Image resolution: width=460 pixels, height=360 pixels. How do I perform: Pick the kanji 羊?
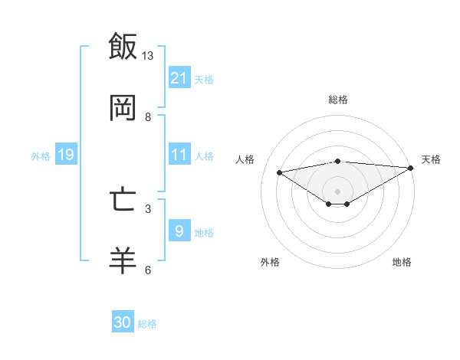pyautogui.click(x=123, y=260)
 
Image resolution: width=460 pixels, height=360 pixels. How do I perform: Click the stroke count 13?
pyautogui.click(x=148, y=56)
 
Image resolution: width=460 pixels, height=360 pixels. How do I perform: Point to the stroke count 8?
pyautogui.click(x=148, y=117)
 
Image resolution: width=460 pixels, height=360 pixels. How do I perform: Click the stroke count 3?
pyautogui.click(x=148, y=208)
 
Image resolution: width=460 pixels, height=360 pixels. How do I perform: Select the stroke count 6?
pyautogui.click(x=148, y=270)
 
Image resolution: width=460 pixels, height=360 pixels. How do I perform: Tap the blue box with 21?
pyautogui.click(x=179, y=78)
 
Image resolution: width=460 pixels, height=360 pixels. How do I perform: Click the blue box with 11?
pyautogui.click(x=179, y=155)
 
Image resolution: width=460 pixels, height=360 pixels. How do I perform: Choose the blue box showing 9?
pyautogui.click(x=179, y=231)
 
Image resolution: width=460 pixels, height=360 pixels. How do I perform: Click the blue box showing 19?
pyautogui.click(x=66, y=155)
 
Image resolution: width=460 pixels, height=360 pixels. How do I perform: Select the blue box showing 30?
pyautogui.click(x=123, y=322)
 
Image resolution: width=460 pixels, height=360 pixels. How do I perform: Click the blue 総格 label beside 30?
pyautogui.click(x=147, y=324)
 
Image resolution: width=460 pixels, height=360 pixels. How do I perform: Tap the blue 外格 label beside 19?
pyautogui.click(x=41, y=156)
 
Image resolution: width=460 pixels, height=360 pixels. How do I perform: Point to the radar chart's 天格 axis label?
pyautogui.click(x=431, y=159)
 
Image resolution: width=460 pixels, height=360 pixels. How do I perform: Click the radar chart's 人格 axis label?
pyautogui.click(x=245, y=159)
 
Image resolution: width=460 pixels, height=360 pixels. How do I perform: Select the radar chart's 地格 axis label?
pyautogui.click(x=402, y=262)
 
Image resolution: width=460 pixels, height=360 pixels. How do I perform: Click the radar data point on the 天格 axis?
pyautogui.click(x=411, y=168)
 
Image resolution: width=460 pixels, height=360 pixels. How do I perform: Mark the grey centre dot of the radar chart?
pyautogui.click(x=338, y=191)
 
